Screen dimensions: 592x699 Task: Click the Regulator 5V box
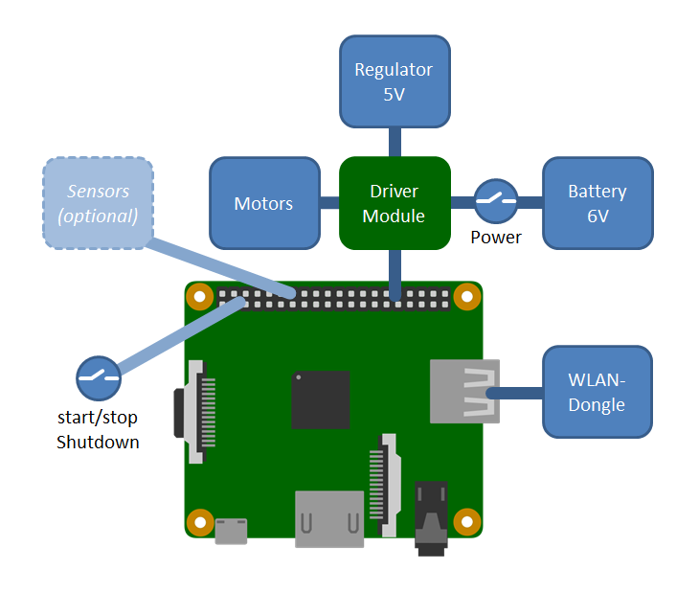coord(394,81)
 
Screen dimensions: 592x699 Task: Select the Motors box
coord(263,203)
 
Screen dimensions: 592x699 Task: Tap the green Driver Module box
coord(395,203)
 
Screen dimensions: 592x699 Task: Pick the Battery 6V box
coord(598,203)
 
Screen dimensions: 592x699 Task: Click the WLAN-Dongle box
coord(598,393)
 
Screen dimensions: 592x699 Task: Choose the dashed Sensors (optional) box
coord(98,203)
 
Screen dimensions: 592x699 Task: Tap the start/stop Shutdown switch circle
coord(98,378)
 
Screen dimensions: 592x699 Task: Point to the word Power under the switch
coord(496,237)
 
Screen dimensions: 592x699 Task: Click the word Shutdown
coord(98,442)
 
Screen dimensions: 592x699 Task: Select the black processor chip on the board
coord(320,399)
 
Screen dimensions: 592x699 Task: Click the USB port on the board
coord(464,390)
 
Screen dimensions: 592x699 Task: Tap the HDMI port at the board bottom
coord(329,519)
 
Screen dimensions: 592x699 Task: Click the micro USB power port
coord(231,530)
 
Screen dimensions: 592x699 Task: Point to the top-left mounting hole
coord(199,296)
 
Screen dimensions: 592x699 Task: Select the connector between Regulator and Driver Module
coord(394,142)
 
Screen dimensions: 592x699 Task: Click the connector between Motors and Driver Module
coord(329,203)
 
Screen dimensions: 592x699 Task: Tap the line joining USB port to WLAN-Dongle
coord(517,393)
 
